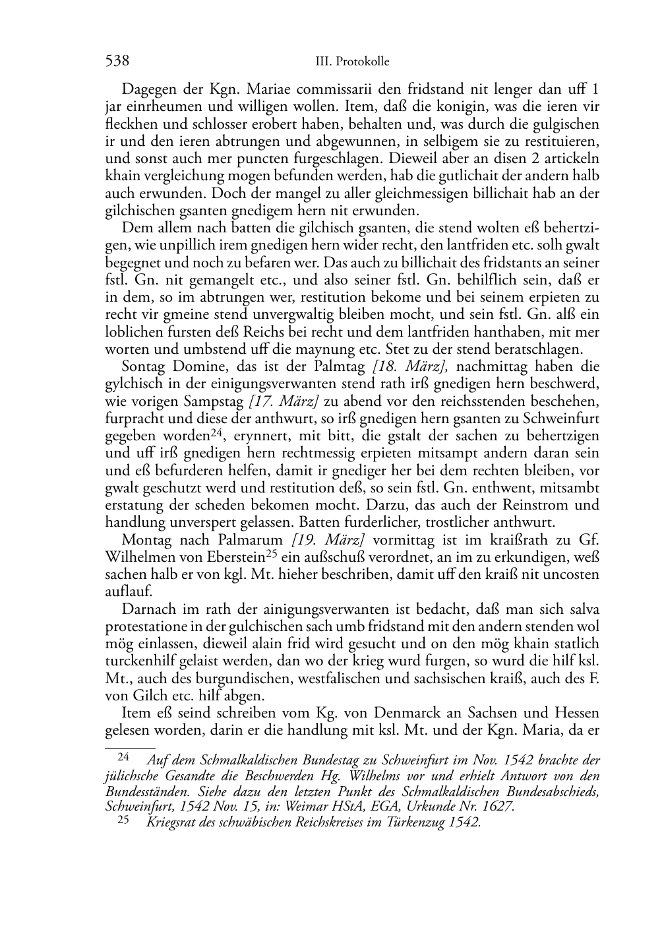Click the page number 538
117,61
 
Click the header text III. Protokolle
352,62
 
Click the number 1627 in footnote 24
497,807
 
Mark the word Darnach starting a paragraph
147,609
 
